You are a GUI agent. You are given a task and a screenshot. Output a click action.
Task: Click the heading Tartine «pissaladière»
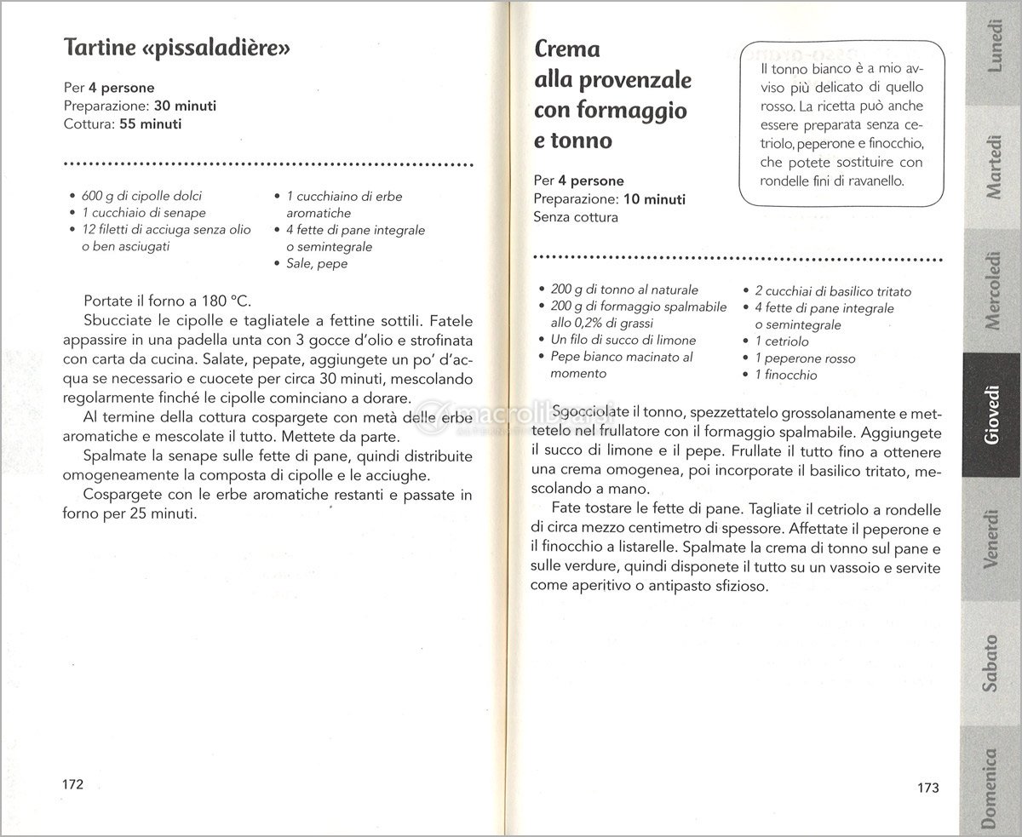178,49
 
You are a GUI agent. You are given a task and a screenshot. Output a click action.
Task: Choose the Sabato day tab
990,662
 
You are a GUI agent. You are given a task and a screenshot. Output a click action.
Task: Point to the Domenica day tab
990,788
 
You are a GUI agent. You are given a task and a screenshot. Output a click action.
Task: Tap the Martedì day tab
992,167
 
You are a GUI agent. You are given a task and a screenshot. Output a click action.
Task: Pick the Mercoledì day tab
992,289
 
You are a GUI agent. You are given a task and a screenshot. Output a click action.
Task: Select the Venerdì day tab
990,538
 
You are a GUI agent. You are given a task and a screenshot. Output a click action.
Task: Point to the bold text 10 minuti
653,199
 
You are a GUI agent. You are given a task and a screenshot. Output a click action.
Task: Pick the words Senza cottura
576,217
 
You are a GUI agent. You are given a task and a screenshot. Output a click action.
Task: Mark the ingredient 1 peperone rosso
793,358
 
